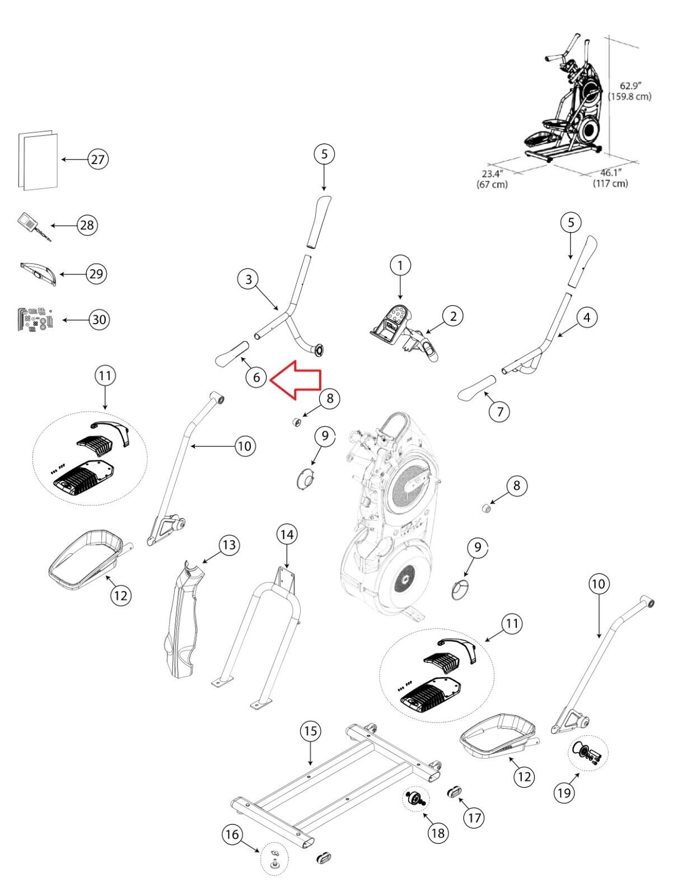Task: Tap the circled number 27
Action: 98,160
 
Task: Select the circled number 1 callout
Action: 400,265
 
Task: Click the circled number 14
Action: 287,535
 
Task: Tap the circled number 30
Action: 99,320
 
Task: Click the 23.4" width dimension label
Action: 492,179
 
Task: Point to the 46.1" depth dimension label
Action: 611,178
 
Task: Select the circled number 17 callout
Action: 474,818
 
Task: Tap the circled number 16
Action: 232,835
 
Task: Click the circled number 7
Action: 499,412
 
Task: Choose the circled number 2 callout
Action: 453,316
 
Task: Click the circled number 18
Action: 438,833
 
